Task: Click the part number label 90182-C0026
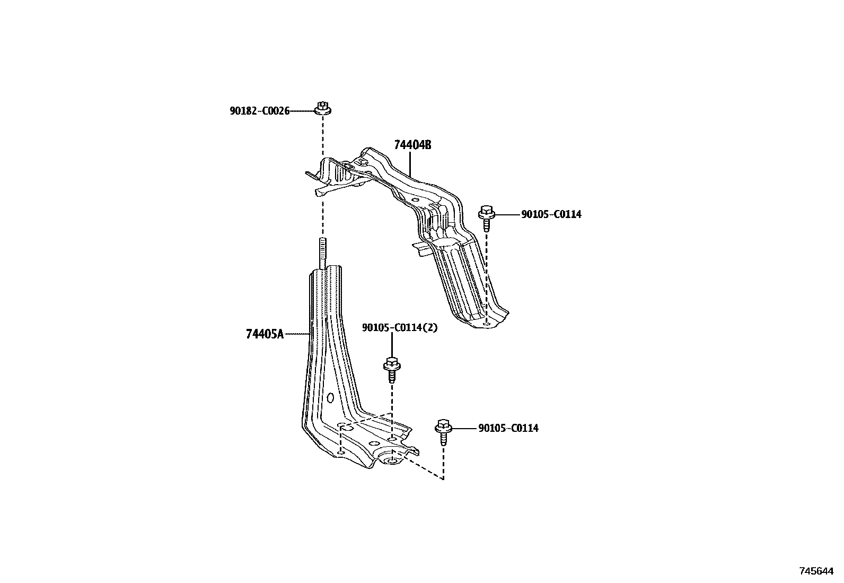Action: [259, 111]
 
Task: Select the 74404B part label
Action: [412, 145]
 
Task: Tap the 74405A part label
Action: [265, 334]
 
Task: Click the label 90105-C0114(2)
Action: [400, 328]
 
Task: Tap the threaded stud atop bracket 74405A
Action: [322, 254]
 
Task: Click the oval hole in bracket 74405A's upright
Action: [330, 398]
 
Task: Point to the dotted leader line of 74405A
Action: [297, 334]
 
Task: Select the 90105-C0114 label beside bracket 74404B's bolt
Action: [551, 214]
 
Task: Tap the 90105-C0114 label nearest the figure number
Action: [508, 428]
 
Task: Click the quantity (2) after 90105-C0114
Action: [431, 328]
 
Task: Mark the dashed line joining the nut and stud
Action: [322, 175]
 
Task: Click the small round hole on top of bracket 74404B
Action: [415, 200]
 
